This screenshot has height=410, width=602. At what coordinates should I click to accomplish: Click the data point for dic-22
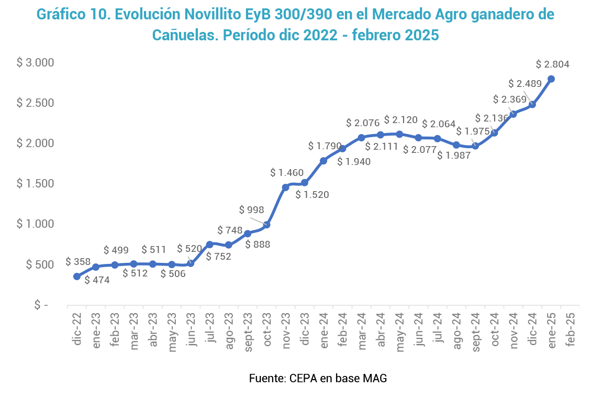(77, 276)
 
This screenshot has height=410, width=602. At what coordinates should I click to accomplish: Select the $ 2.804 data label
(552, 64)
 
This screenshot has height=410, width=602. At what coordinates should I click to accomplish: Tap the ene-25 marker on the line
(551, 79)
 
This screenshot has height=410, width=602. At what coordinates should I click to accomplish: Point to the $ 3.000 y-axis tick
(36, 62)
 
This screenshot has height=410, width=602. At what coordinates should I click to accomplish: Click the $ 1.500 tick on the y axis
(36, 183)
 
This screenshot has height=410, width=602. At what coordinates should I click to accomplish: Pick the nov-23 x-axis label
(286, 328)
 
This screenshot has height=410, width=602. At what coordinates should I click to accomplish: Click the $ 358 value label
(79, 261)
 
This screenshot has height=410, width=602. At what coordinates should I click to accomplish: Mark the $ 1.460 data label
(287, 172)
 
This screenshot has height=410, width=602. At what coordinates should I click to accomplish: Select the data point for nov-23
(286, 187)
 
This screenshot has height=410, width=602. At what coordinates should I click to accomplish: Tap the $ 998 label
(251, 210)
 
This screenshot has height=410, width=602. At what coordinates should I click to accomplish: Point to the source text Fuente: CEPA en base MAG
(318, 378)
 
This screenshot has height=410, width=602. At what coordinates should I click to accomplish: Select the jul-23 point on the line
(210, 244)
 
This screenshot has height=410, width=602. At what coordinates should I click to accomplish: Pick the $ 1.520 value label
(312, 195)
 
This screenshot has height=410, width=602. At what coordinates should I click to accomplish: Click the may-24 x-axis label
(399, 328)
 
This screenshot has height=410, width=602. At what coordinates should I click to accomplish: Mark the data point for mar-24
(361, 138)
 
